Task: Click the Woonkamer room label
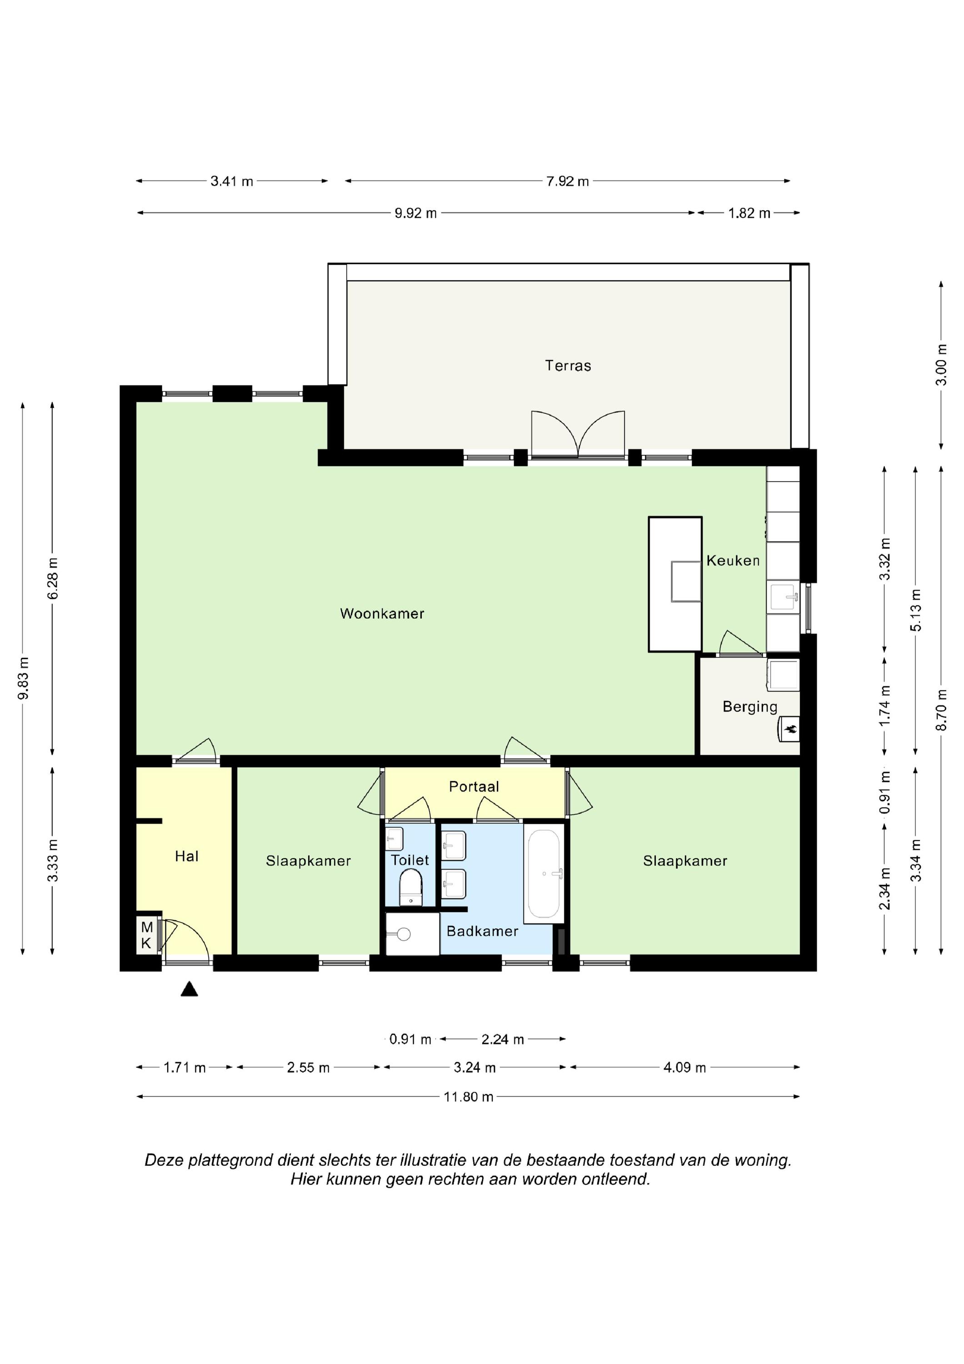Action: tap(382, 614)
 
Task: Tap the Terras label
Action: tap(568, 366)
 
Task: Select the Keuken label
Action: tap(733, 560)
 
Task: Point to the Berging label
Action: tap(749, 707)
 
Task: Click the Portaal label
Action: tap(474, 787)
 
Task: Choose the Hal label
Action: tap(186, 856)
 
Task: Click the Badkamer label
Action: tap(482, 931)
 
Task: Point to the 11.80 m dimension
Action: tap(469, 1097)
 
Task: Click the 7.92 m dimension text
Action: tap(567, 181)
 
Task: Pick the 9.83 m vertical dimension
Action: tap(23, 678)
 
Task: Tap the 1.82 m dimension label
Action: tap(749, 213)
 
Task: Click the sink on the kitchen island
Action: tap(686, 581)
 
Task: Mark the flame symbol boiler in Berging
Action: tap(789, 729)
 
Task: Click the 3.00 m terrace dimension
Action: tap(941, 365)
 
